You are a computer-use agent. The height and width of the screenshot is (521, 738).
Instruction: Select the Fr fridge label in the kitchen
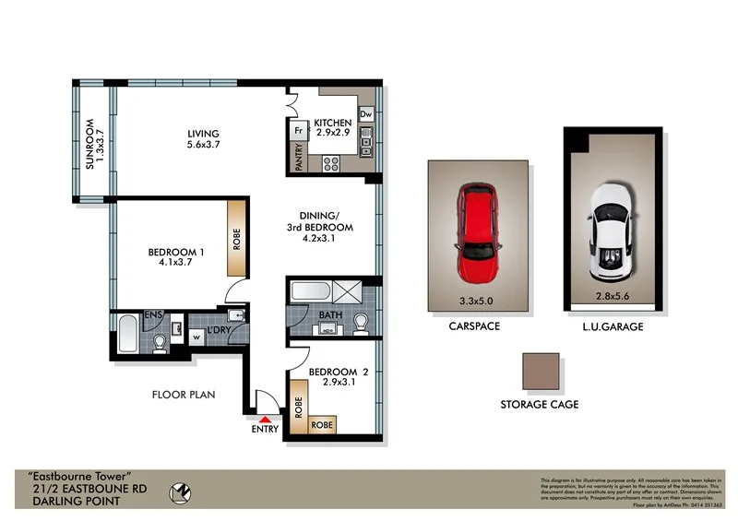click(299, 131)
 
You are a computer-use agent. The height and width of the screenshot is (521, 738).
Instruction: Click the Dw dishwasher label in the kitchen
click(365, 114)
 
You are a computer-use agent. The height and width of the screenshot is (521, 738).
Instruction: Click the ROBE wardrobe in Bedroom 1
click(237, 239)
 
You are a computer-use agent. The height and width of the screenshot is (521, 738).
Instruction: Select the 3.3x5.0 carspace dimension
click(478, 301)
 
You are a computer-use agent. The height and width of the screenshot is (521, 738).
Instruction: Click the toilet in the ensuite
click(161, 344)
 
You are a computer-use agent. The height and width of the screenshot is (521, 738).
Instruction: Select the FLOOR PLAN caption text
click(183, 395)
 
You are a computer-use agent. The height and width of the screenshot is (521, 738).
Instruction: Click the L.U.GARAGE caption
click(613, 327)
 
